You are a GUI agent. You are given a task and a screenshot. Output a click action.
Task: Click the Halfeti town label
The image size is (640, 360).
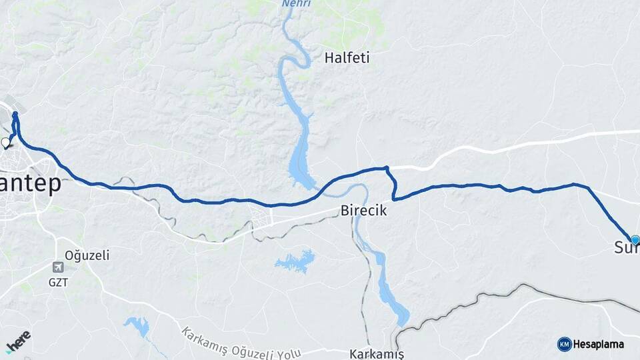coord(347,58)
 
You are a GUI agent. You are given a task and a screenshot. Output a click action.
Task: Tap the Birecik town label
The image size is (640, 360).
coord(363,210)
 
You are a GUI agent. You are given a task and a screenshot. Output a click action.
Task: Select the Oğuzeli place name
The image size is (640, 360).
coord(87,255)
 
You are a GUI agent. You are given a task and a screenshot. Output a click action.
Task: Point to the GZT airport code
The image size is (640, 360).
coord(59,282)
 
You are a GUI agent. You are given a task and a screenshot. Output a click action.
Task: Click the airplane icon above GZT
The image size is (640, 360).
coord(59,267)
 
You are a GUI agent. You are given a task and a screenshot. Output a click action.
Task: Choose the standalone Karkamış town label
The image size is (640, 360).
coord(377,353)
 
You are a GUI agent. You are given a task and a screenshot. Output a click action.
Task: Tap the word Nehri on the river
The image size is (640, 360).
coord(297,4)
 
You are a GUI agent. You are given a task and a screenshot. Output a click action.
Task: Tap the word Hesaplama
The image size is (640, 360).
coord(599,344)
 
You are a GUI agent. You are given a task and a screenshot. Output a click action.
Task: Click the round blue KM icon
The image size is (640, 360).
coord(565,344)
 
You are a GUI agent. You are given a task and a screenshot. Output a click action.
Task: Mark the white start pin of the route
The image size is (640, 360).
coord(6,142)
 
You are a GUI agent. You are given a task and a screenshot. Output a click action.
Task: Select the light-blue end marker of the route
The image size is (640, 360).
coord(635,239)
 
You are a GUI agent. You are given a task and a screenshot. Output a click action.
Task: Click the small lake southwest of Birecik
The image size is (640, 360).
coord(295,261)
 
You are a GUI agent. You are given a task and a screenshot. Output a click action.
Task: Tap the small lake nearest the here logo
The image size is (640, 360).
coord(138,325)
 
